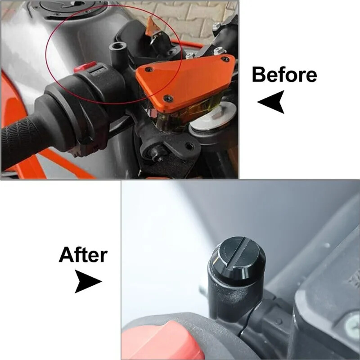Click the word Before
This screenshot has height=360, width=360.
tap(284, 74)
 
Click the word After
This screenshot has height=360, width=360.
tap(83, 254)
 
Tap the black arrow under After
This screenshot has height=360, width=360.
tap(87, 281)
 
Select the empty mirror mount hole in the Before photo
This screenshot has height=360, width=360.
tap(118, 46)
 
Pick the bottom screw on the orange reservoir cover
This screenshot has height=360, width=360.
tap(167, 99)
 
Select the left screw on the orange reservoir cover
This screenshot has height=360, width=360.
tap(149, 69)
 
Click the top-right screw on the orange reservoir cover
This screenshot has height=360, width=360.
tap(226, 59)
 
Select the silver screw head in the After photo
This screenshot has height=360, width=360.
tap(352, 326)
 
